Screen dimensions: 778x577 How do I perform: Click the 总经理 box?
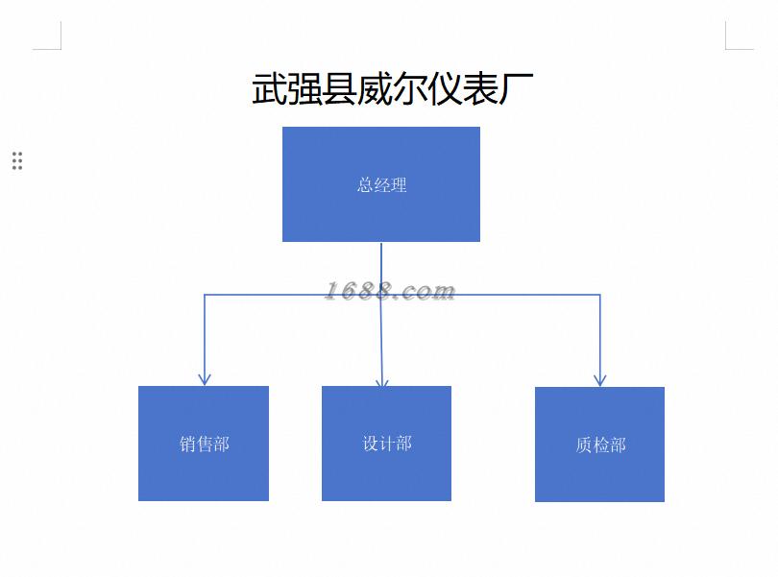380,211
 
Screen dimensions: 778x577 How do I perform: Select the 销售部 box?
203,470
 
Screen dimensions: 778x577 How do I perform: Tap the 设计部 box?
386,470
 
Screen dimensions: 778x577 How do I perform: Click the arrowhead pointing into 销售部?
204,378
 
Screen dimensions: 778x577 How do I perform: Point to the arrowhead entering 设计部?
382,381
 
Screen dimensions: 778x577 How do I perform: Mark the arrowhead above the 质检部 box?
600,379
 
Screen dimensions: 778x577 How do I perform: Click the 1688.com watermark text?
389,291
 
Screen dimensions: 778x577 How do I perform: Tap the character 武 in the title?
270,89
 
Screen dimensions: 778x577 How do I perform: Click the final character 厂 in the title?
517,89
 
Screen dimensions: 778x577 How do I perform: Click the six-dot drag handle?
17,160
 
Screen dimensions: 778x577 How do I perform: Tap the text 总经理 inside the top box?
382,184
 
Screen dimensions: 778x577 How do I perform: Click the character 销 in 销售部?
188,445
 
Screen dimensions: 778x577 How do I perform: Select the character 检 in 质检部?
600,445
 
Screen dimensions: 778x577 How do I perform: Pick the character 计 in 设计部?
387,444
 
